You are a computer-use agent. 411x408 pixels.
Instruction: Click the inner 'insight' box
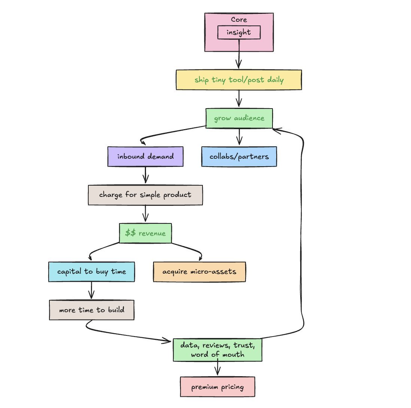click(239, 33)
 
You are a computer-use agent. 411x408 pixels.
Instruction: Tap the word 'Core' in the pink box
click(239, 20)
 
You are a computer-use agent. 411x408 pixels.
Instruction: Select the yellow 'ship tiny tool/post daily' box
click(238, 80)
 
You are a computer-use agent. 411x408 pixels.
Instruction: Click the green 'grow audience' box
click(239, 118)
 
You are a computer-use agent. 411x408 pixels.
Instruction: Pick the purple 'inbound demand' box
click(145, 156)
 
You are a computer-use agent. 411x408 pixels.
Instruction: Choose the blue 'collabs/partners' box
click(239, 156)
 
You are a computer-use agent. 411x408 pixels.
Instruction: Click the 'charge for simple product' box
click(145, 195)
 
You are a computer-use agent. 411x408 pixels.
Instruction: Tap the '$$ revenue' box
click(145, 233)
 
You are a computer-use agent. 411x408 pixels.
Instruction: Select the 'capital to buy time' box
click(91, 271)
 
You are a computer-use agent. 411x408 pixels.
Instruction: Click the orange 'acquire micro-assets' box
click(200, 271)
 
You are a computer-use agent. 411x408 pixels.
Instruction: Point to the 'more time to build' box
click(91, 310)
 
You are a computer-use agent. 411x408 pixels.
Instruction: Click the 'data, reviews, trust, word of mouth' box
click(217, 350)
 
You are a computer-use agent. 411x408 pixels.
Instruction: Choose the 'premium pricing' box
click(217, 387)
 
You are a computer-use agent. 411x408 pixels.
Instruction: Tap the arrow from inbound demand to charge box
click(145, 175)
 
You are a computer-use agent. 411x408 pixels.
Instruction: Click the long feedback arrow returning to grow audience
click(302, 232)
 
